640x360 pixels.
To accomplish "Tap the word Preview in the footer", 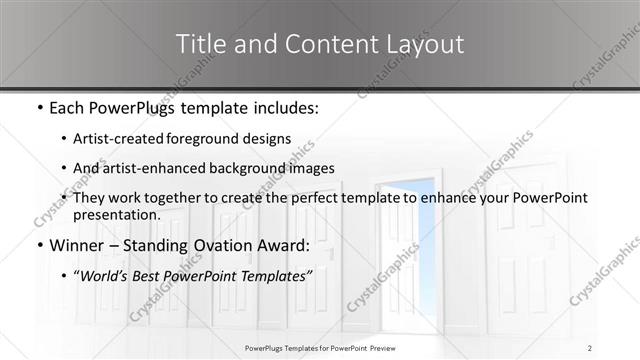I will pyautogui.click(x=393, y=348).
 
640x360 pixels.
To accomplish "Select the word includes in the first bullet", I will pyautogui.click(x=287, y=106).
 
